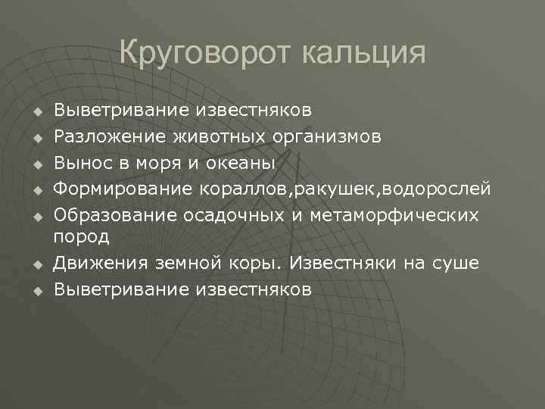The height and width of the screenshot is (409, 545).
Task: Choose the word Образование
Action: (114, 214)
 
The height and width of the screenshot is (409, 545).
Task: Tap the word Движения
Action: (97, 263)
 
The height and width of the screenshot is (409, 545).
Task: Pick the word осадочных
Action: (234, 214)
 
